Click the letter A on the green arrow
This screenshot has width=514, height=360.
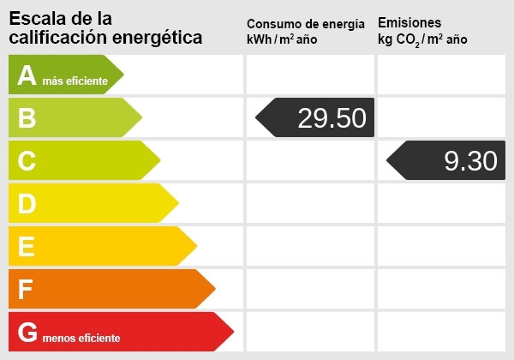(27, 75)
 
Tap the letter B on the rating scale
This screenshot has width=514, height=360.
(27, 118)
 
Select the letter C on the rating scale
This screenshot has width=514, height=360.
(27, 160)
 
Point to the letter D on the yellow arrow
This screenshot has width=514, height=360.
(27, 203)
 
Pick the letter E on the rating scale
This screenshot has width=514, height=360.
(27, 247)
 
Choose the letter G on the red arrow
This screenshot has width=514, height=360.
(27, 333)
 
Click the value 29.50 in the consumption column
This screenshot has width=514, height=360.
(332, 118)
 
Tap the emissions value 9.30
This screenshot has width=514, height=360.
(470, 161)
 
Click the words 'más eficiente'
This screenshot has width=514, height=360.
(75, 81)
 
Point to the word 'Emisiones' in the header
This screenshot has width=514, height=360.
(409, 22)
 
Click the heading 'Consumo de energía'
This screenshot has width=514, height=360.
(311, 23)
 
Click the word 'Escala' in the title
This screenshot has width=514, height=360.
(36, 18)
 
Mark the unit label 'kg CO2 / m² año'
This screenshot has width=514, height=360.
(422, 39)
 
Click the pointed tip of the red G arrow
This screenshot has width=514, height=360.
(233, 332)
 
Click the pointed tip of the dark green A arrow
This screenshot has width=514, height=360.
(123, 75)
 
